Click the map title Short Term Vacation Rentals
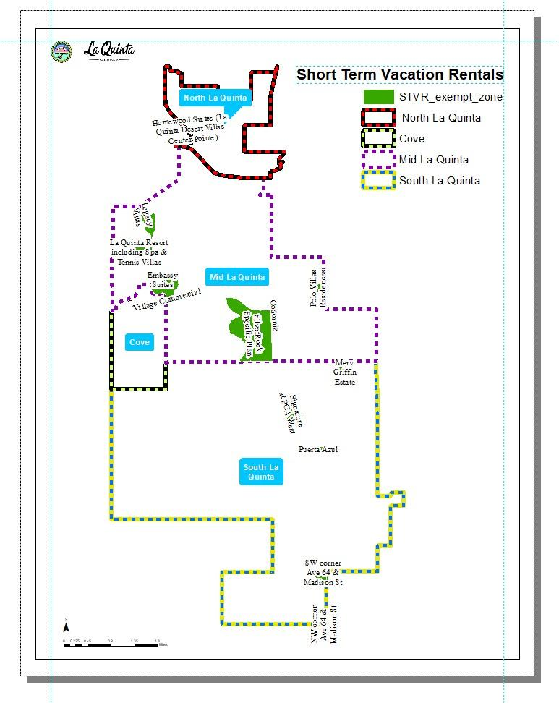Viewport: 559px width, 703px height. click(400, 74)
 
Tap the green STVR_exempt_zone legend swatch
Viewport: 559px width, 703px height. click(378, 97)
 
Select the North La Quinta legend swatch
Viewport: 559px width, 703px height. click(378, 118)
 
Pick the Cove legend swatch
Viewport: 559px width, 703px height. click(378, 139)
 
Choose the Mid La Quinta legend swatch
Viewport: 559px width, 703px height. click(378, 160)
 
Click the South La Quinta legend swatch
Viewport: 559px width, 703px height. click(378, 181)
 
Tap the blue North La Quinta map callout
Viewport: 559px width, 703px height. click(215, 98)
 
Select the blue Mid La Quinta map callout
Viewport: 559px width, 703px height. click(236, 277)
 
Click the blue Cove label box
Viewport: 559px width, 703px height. click(139, 342)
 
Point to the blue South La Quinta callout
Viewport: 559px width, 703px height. click(260, 472)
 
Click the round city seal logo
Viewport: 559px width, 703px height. click(61, 52)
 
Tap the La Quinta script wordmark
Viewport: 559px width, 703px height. click(108, 51)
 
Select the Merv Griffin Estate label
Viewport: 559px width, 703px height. click(345, 372)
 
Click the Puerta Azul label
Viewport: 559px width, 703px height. click(318, 449)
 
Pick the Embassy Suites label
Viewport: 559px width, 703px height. click(162, 281)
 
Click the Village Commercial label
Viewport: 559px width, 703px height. click(167, 299)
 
